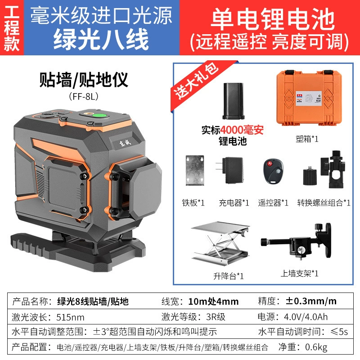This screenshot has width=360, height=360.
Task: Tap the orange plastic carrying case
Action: (x=309, y=98)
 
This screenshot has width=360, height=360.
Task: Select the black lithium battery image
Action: (x=233, y=101)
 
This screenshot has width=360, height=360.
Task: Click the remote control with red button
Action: (x=273, y=171)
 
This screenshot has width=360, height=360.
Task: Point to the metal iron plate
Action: (x=195, y=170)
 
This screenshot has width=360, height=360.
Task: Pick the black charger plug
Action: (x=230, y=170)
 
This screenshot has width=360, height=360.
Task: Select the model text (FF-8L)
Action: (x=84, y=96)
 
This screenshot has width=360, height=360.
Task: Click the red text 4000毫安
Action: (x=242, y=130)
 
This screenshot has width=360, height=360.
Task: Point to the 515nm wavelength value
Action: (x=70, y=317)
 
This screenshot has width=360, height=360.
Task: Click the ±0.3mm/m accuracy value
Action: (x=311, y=301)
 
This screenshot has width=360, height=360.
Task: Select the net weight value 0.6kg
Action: (x=316, y=347)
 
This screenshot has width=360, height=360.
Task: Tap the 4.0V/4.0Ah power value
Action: (x=306, y=317)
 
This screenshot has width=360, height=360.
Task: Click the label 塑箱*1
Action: (x=307, y=139)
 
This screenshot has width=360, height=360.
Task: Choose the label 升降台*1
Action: (x=229, y=276)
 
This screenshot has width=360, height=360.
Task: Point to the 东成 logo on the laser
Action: (x=125, y=143)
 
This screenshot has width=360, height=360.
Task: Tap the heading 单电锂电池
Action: (x=273, y=18)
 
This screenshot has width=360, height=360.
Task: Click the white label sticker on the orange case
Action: (x=308, y=98)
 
